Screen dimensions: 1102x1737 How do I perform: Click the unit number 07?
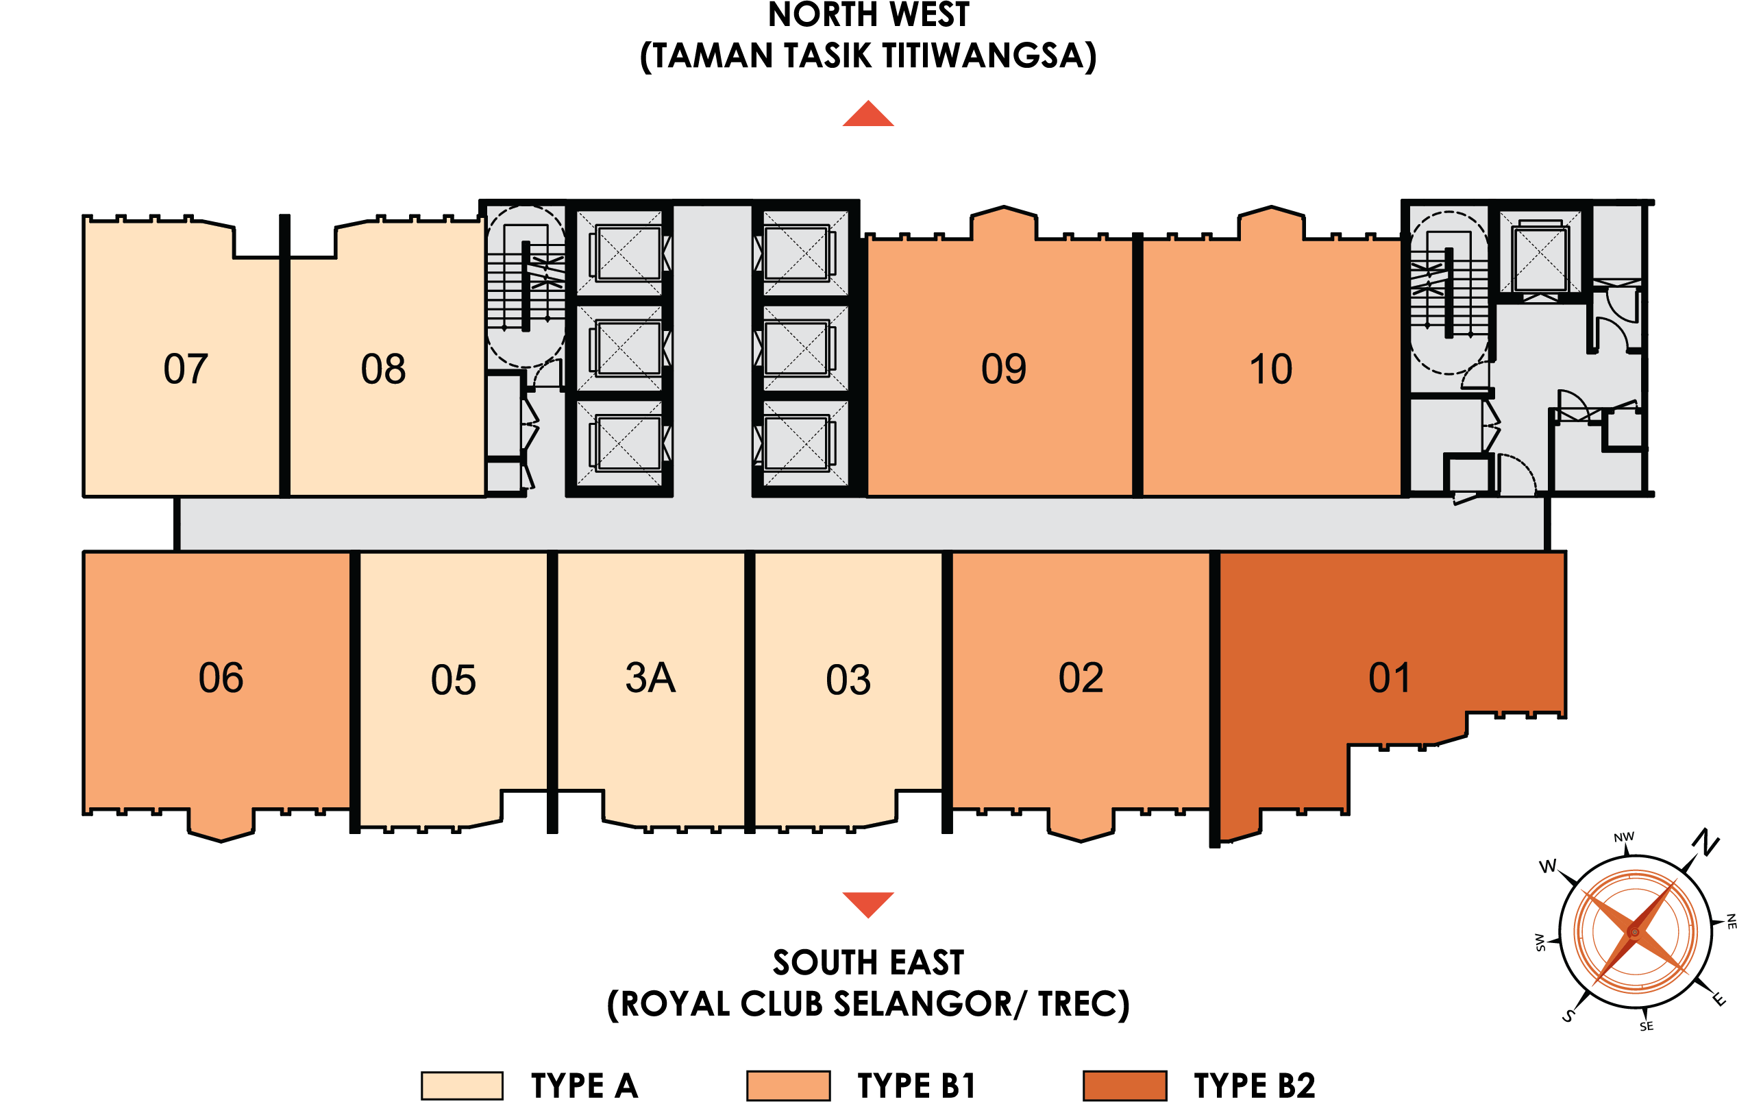(x=186, y=369)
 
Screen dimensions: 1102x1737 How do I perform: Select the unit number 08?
(x=383, y=369)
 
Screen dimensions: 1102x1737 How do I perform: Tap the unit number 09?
(x=1003, y=369)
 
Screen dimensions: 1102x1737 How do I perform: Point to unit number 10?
(x=1270, y=369)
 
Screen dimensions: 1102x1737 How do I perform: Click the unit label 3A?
(x=650, y=678)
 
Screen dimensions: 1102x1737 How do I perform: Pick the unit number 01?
(x=1390, y=678)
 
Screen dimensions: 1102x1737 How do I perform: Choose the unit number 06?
(x=221, y=678)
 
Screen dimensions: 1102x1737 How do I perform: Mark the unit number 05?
(x=453, y=680)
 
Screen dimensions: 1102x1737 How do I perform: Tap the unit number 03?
(x=848, y=680)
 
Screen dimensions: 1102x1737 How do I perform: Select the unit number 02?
(x=1081, y=678)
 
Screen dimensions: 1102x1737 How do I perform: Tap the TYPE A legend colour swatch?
(x=462, y=1086)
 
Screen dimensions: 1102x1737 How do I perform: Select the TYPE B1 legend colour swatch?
(x=788, y=1086)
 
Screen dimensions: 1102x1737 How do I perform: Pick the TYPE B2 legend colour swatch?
(x=1124, y=1086)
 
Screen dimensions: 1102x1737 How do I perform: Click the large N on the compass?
(x=1707, y=842)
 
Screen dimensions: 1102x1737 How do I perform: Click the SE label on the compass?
(x=1646, y=1026)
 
